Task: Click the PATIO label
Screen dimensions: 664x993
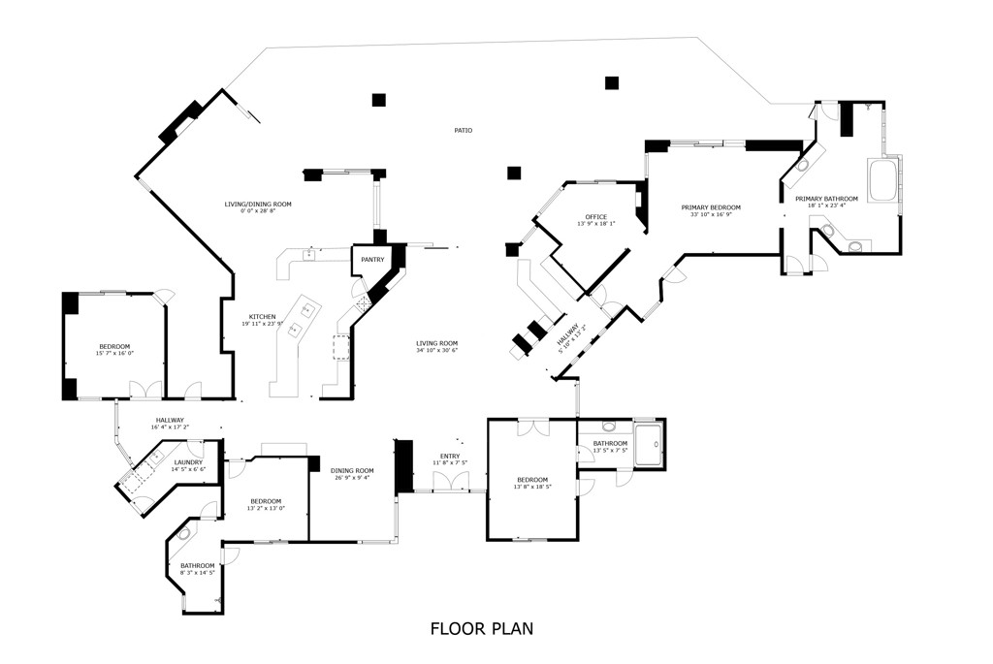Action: tap(464, 130)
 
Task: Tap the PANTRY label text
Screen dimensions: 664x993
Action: tap(372, 260)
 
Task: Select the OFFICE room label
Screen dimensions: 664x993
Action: tap(595, 216)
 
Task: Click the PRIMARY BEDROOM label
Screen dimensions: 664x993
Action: tap(710, 207)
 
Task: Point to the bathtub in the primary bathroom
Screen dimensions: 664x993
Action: tap(884, 181)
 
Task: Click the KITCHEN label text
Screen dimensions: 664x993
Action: tap(262, 317)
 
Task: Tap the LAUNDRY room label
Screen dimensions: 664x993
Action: tap(188, 462)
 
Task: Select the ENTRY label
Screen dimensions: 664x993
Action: tap(450, 456)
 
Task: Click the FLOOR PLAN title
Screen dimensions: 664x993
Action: tap(481, 629)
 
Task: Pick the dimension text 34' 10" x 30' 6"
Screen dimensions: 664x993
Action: tap(436, 351)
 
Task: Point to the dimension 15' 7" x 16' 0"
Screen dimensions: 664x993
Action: tap(113, 354)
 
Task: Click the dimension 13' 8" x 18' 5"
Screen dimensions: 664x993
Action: tap(532, 488)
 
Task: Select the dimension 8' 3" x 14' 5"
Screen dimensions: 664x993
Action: tap(197, 573)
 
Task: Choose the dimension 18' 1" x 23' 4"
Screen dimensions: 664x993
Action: tap(826, 206)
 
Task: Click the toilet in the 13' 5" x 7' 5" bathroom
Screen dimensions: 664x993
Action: tap(608, 426)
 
